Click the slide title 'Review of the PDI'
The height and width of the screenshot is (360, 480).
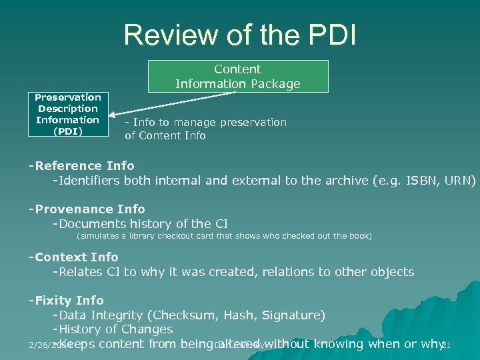coord(239,35)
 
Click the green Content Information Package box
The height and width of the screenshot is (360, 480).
coord(238,76)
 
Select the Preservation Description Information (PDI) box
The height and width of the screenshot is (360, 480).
coord(67,114)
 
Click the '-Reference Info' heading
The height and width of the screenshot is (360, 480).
coord(81,165)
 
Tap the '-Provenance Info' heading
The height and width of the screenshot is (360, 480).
coord(86,209)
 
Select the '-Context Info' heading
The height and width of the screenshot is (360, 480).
coord(73,257)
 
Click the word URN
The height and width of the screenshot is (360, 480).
coord(457,181)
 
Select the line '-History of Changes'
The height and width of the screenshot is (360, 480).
coord(113,329)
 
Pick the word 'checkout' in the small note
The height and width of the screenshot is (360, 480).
coord(175,236)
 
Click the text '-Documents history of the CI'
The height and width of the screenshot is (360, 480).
coord(140,223)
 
